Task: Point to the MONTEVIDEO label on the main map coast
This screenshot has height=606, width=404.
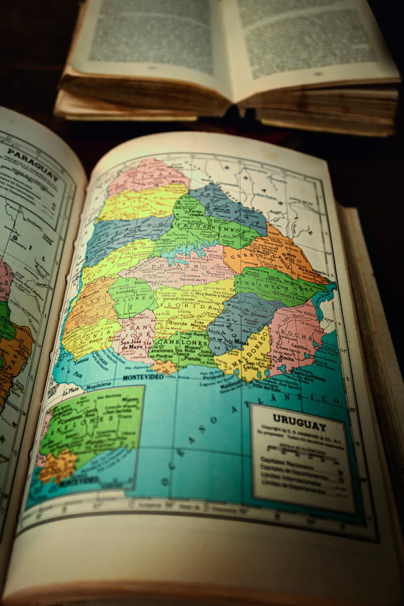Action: pos(143,377)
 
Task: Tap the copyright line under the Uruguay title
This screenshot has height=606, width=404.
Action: pos(299,431)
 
